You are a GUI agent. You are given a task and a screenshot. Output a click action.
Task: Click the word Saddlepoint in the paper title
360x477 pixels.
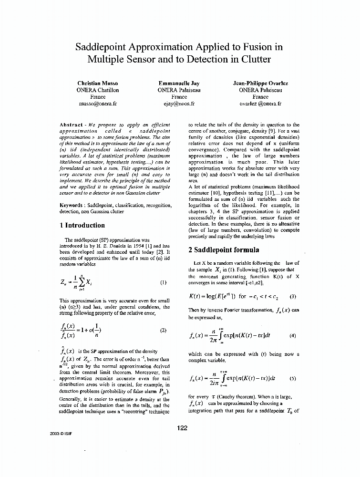pyautogui.click(x=103, y=47)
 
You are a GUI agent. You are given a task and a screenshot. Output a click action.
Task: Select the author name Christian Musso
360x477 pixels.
pyautogui.click(x=98, y=83)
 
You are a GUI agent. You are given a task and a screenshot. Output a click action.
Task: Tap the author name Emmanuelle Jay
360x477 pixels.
pyautogui.click(x=179, y=83)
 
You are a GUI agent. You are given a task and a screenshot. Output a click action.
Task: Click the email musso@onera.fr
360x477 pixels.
pyautogui.click(x=98, y=103)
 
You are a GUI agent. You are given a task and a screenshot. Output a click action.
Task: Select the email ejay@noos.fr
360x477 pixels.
pyautogui.click(x=179, y=103)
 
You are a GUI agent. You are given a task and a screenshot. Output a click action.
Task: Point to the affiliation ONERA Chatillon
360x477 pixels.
pyautogui.click(x=98, y=90)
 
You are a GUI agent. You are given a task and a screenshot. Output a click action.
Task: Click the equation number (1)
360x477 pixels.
pyautogui.click(x=163, y=282)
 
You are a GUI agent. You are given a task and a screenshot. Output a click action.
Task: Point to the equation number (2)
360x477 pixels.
pyautogui.click(x=163, y=330)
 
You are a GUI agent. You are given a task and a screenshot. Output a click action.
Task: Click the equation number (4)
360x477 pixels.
pyautogui.click(x=293, y=335)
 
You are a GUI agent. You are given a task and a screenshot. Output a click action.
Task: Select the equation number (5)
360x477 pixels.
pyautogui.click(x=293, y=379)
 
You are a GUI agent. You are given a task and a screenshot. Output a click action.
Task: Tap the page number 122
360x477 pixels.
pyautogui.click(x=182, y=428)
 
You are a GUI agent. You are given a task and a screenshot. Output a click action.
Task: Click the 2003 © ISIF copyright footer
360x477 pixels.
pyautogui.click(x=60, y=434)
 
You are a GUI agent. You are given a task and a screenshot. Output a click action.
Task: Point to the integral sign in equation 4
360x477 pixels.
pyautogui.click(x=222, y=335)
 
